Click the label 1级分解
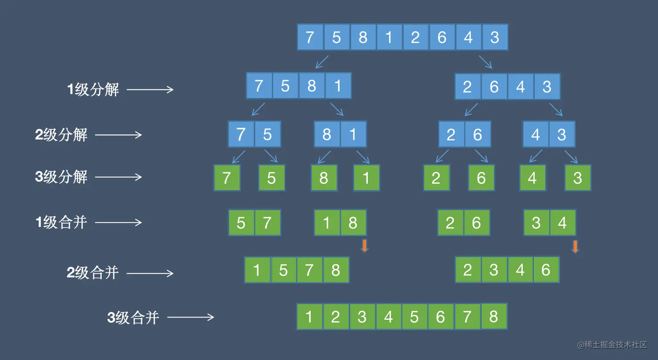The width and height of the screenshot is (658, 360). (93, 89)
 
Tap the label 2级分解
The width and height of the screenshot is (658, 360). (61, 135)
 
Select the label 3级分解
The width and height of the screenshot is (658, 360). (61, 177)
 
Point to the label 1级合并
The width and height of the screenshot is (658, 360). (61, 222)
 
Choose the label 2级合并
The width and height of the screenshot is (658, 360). (93, 273)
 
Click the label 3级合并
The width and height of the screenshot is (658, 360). (133, 318)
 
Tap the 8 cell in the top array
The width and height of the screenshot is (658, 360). (363, 37)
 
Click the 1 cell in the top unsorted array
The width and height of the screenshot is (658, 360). (389, 37)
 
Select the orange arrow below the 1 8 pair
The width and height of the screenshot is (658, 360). (365, 246)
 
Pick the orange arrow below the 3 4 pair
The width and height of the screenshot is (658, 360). (575, 246)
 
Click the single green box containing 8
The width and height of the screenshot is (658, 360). (324, 178)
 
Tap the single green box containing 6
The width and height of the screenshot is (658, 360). (481, 178)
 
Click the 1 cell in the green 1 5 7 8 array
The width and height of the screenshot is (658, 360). (257, 270)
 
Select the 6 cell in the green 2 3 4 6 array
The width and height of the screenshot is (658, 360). (547, 270)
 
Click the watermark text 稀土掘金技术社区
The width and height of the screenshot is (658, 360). (616, 344)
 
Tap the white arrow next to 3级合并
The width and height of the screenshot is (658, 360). (191, 317)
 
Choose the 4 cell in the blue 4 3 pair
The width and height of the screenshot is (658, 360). (536, 135)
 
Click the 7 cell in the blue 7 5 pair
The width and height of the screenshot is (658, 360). (241, 135)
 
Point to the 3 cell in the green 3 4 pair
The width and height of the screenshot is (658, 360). (537, 222)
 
